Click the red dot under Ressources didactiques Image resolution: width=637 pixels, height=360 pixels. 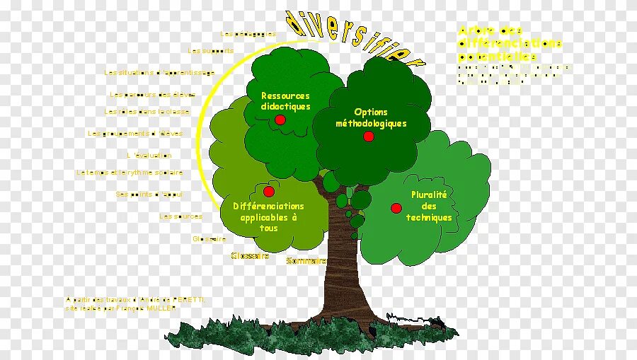point(280,120)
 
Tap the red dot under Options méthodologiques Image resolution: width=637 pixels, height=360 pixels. point(368,136)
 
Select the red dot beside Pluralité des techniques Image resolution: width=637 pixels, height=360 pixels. point(396,208)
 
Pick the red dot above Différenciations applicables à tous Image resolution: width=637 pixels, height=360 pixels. point(268,192)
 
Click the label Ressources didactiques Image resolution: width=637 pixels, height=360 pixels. point(285,101)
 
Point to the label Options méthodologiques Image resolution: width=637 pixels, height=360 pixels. point(371,117)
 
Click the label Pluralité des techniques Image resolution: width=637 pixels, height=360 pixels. point(429,206)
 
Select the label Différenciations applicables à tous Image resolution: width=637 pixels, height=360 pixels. point(268,217)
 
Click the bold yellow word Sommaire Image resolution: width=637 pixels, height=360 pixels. point(306,261)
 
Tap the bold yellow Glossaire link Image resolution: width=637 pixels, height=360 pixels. point(250,256)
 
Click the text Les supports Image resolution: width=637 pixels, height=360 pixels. point(205,51)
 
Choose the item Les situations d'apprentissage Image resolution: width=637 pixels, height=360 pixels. point(159,73)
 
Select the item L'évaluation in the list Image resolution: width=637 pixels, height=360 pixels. point(149,156)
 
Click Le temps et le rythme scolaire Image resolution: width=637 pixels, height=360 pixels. point(130,173)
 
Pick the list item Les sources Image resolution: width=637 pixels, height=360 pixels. point(181,216)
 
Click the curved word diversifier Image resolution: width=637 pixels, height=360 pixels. point(354,35)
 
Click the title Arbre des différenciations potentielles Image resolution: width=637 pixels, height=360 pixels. point(510,43)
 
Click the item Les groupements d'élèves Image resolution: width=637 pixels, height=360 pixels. point(135,134)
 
